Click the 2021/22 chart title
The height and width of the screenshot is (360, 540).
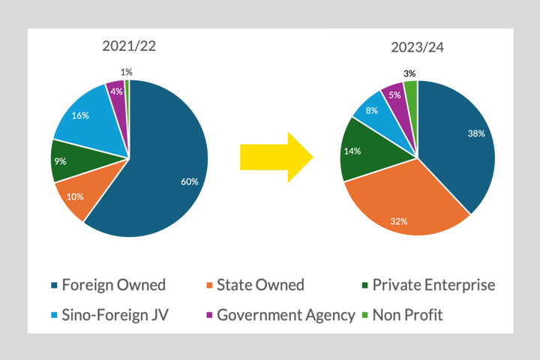pyautogui.click(x=130, y=46)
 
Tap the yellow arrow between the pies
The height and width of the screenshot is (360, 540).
pyautogui.click(x=275, y=157)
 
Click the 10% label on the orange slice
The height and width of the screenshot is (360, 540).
pyautogui.click(x=75, y=196)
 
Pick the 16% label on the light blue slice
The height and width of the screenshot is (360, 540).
pyautogui.click(x=80, y=115)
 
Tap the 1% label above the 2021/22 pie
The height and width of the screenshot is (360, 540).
pyautogui.click(x=127, y=72)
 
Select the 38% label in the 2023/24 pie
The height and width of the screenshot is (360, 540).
pyautogui.click(x=475, y=133)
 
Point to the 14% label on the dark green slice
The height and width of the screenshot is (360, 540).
pyautogui.click(x=352, y=151)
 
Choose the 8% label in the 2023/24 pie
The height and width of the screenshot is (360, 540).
pyautogui.click(x=370, y=109)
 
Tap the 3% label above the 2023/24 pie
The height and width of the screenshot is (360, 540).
pyautogui.click(x=409, y=73)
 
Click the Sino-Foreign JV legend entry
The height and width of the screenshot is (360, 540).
pyautogui.click(x=115, y=315)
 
